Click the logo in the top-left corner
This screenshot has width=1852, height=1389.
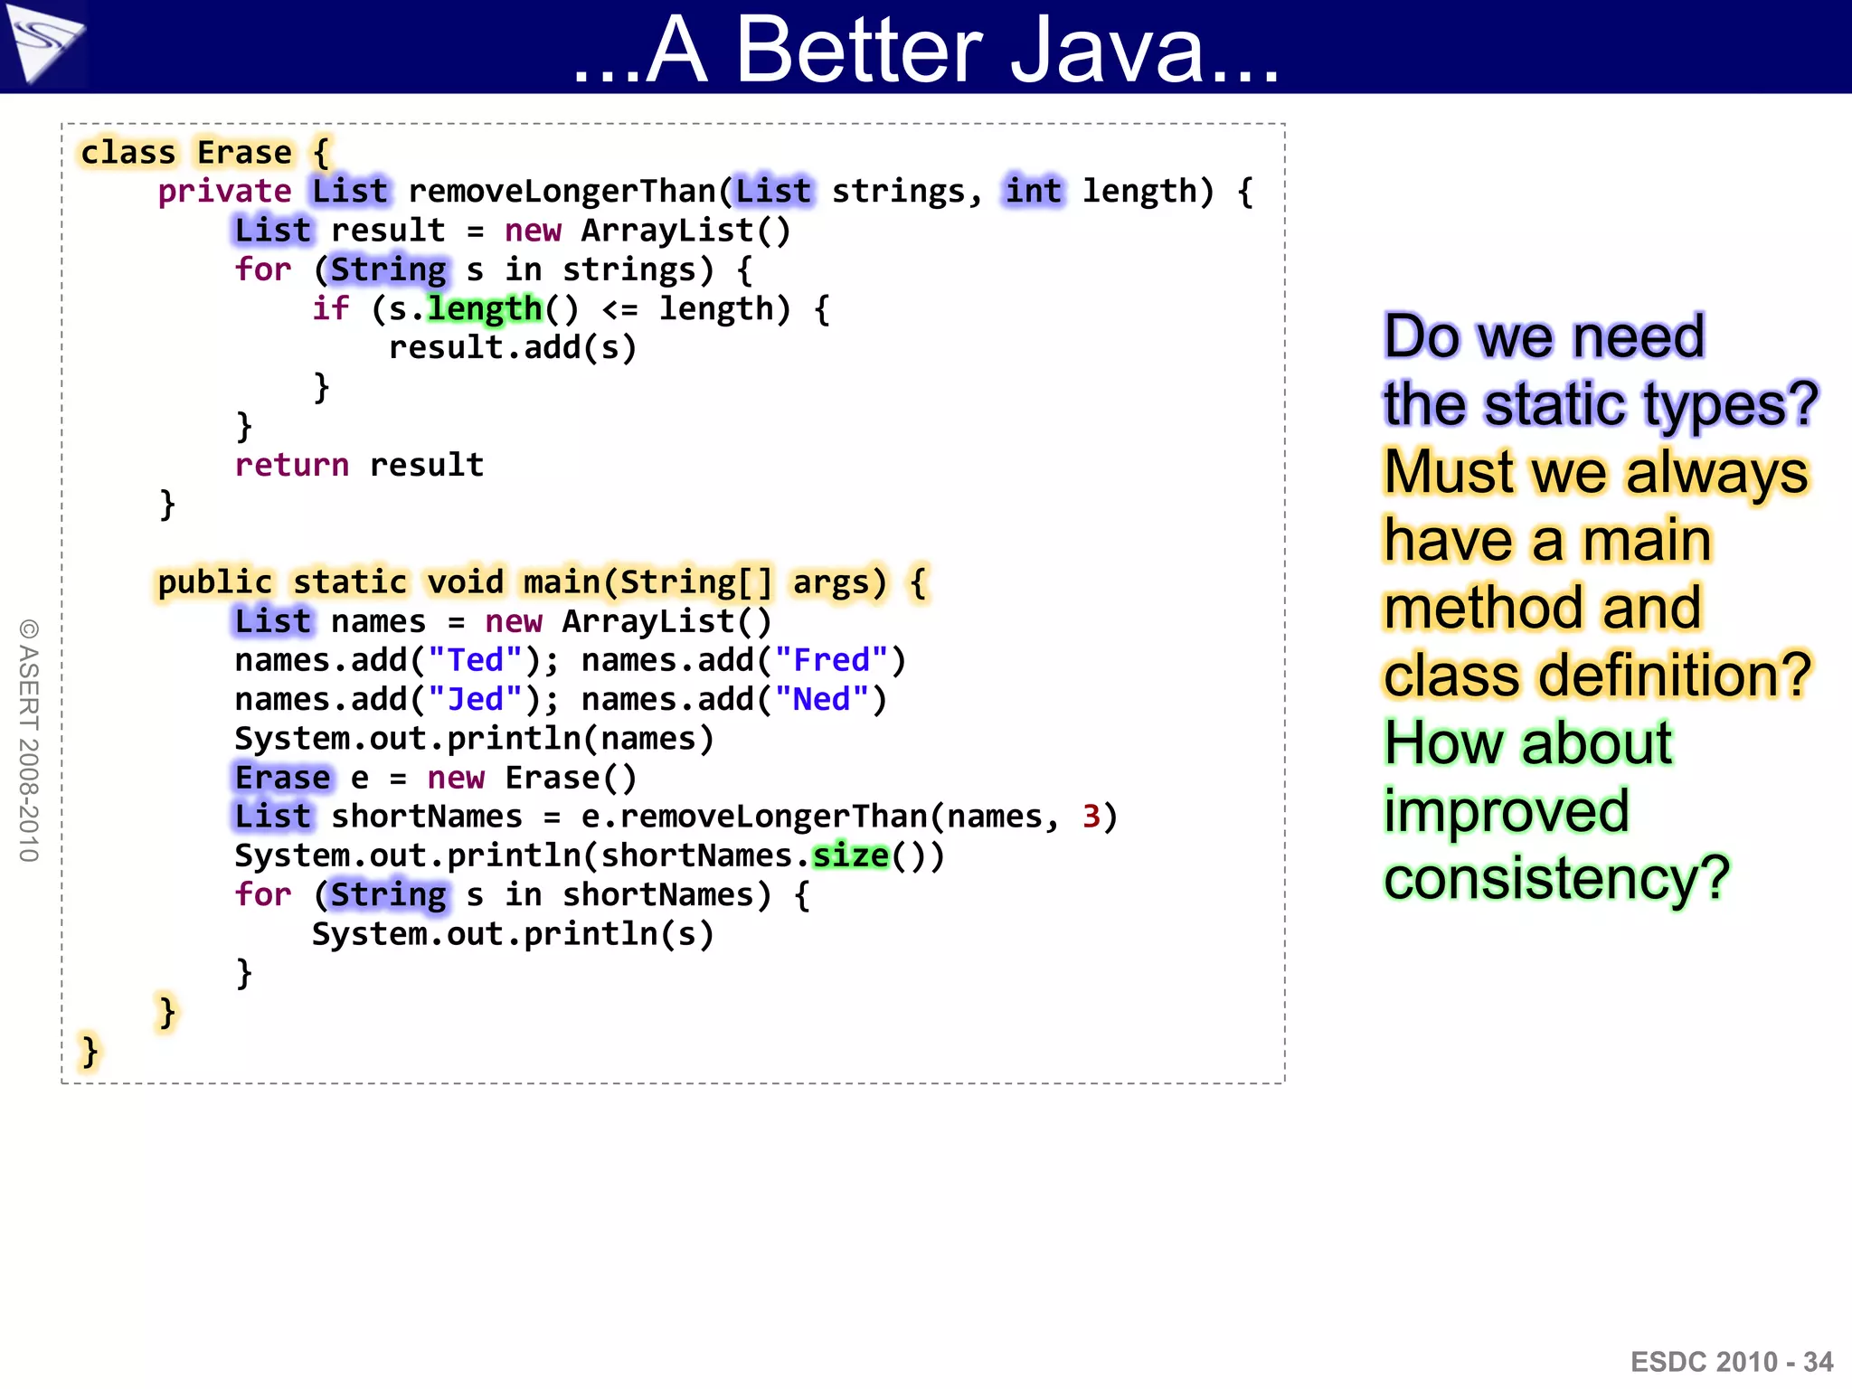pyautogui.click(x=43, y=43)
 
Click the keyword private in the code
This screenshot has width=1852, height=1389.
pyautogui.click(x=224, y=192)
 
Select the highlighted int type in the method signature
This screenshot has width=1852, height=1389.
pyautogui.click(x=1034, y=192)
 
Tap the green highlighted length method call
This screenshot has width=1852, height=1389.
pyautogui.click(x=485, y=309)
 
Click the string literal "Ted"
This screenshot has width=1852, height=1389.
pyautogui.click(x=476, y=660)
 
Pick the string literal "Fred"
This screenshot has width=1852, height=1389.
pyautogui.click(x=831, y=660)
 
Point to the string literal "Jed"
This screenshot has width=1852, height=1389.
pyautogui.click(x=476, y=700)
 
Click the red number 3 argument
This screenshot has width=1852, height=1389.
pyautogui.click(x=1091, y=817)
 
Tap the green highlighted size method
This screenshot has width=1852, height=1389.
pyautogui.click(x=850, y=855)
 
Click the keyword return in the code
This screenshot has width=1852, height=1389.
pyautogui.click(x=291, y=465)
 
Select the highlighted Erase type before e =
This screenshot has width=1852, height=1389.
pyautogui.click(x=282, y=778)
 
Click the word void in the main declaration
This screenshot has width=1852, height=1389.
pyautogui.click(x=465, y=582)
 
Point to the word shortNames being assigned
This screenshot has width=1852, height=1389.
pyautogui.click(x=427, y=817)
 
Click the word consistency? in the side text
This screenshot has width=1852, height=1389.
pyautogui.click(x=1555, y=879)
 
